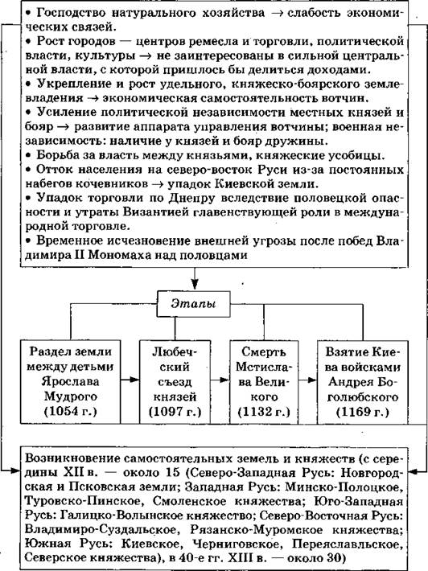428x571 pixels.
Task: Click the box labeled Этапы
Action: (x=193, y=304)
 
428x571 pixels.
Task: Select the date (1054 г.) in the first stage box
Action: (x=70, y=412)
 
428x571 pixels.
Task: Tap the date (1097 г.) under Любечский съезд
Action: (x=175, y=412)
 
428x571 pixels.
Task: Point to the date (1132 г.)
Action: (x=264, y=412)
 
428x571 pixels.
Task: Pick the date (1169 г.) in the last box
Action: (x=363, y=412)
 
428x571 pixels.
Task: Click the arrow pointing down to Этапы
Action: (x=195, y=278)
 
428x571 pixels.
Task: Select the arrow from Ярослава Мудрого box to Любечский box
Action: (x=130, y=380)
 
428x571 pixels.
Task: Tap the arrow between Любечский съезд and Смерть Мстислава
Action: (x=220, y=380)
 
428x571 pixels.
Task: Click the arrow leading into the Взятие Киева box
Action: (x=307, y=380)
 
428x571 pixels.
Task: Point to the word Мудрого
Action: (x=70, y=396)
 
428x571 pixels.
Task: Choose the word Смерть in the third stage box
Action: (x=264, y=352)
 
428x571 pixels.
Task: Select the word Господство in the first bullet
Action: (x=71, y=13)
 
